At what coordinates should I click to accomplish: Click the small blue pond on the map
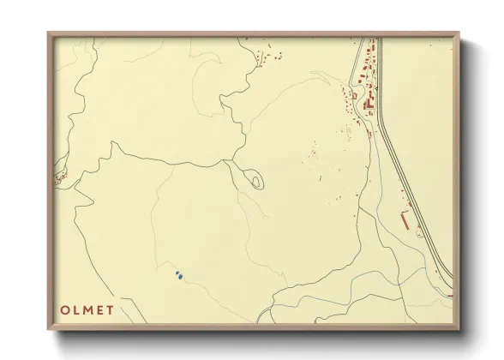(178, 275)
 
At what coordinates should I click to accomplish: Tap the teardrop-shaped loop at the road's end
(255, 180)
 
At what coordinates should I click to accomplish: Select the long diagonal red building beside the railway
(403, 220)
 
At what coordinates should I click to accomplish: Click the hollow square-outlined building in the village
(354, 96)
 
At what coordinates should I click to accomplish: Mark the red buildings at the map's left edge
(61, 177)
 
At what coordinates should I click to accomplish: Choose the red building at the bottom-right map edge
(449, 294)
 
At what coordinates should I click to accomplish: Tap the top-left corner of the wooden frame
(49, 34)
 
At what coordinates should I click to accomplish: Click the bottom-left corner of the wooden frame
(49, 327)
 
